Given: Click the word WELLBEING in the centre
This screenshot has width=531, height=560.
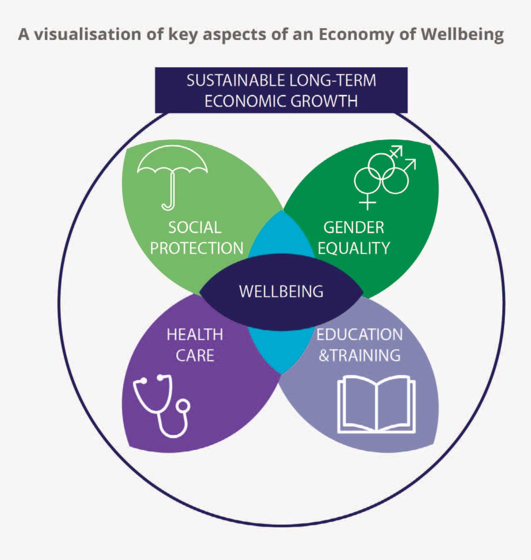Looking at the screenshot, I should (281, 291).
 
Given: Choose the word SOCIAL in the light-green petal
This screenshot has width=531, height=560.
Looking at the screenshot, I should (195, 228).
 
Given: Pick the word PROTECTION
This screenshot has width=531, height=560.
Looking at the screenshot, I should (196, 248).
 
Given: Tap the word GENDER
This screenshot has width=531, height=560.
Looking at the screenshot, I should (354, 228).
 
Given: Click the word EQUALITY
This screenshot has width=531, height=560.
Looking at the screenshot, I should (354, 248).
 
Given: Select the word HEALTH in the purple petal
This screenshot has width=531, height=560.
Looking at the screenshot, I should (195, 335).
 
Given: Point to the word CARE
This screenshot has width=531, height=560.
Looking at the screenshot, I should (195, 355).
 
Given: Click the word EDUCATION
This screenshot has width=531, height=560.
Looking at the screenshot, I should (359, 335).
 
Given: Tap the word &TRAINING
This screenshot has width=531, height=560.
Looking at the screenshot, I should (359, 355).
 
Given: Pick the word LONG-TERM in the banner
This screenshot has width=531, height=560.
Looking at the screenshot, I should (333, 80).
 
